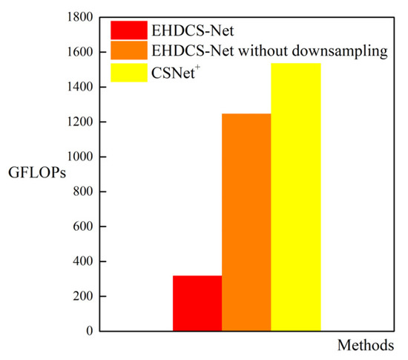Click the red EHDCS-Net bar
(197, 303)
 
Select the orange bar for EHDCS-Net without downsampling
(246, 222)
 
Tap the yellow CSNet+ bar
(295, 197)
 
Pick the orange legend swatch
(129, 51)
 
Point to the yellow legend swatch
(129, 72)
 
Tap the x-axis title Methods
(368, 346)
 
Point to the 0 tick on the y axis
(89, 332)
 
